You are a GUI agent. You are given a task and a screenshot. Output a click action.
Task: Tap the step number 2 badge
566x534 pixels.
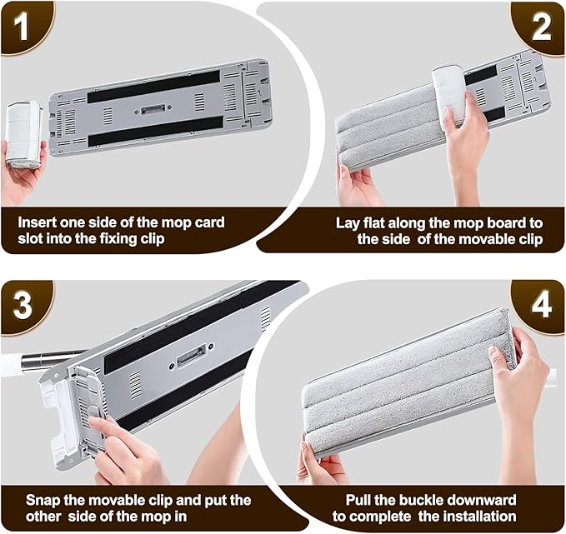click(x=541, y=28)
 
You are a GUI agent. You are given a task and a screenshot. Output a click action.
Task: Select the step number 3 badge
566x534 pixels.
click(x=23, y=306)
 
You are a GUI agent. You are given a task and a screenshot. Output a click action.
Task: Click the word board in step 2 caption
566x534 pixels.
click(x=506, y=223)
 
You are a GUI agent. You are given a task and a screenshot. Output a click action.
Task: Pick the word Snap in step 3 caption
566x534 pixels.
click(x=43, y=501)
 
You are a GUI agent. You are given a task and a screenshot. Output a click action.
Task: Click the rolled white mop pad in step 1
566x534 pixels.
click(x=23, y=134)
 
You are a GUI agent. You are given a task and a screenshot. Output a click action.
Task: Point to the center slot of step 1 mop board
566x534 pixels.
click(x=153, y=109)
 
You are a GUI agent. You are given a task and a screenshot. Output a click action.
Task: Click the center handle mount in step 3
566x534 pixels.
click(x=192, y=355)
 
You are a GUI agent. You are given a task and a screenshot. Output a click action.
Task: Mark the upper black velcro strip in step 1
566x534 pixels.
click(x=154, y=87)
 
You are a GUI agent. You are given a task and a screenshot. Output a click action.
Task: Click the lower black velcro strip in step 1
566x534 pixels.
click(x=156, y=131)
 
